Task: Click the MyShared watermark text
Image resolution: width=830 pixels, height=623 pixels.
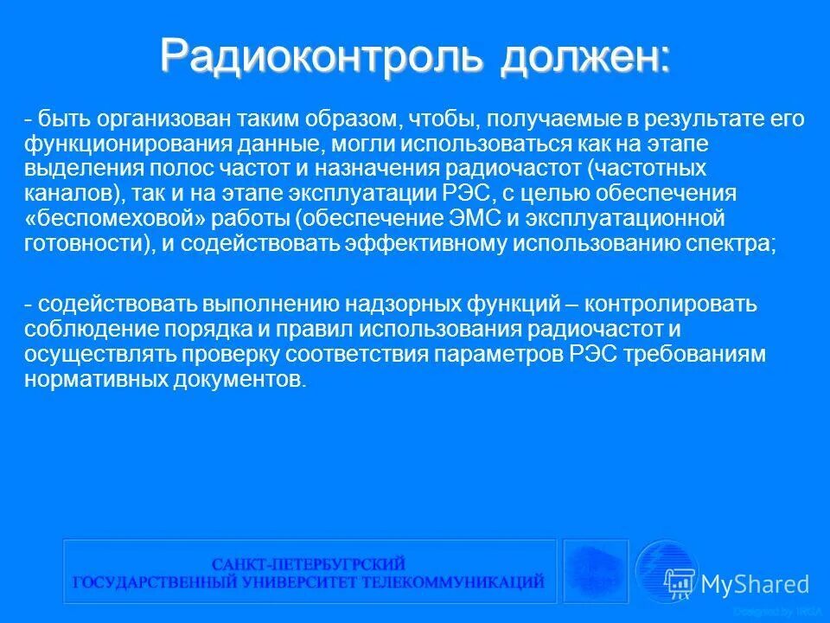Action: [754, 584]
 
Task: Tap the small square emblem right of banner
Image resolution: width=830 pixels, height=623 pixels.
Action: [596, 570]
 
